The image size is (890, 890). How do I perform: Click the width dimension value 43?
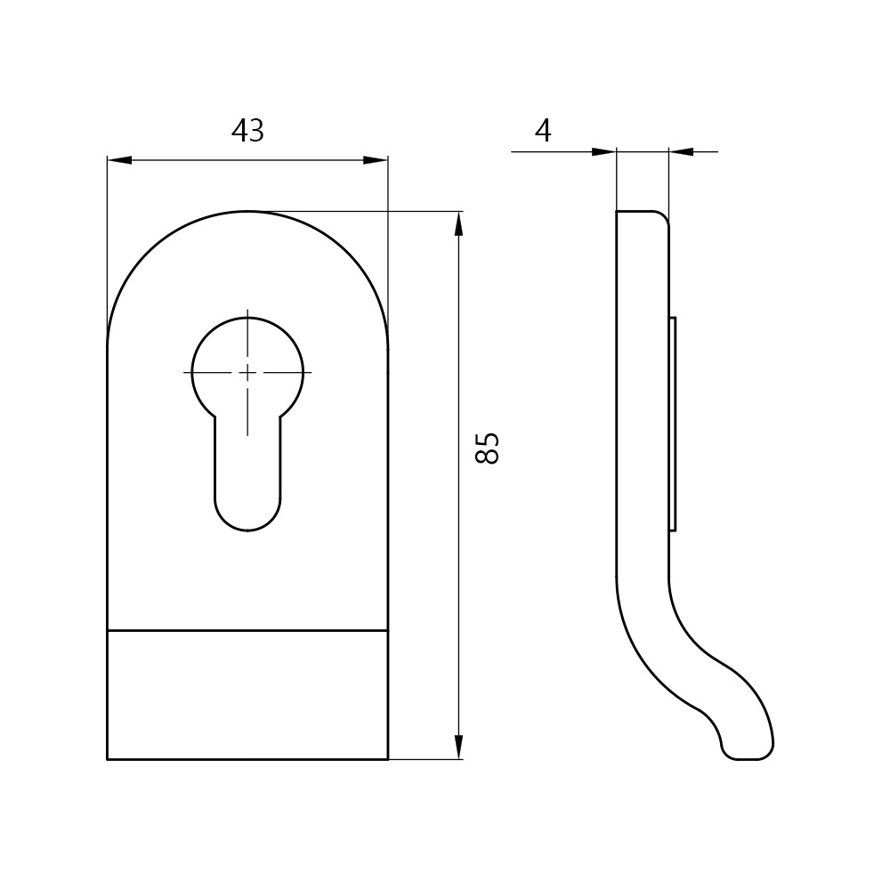pos(247,131)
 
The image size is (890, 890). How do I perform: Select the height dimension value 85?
pos(487,449)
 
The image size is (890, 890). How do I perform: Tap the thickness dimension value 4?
pos(543,131)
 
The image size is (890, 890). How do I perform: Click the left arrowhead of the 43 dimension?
pos(119,160)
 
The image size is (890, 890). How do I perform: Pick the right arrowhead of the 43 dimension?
pos(376,160)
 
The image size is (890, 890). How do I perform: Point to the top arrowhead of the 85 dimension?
pos(459,223)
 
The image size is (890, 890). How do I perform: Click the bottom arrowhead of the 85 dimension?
pos(459,747)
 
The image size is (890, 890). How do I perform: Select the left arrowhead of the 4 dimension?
pos(604,151)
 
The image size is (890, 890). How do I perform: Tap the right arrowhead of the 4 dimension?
pos(681,151)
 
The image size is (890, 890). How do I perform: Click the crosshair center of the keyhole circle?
pos(247,372)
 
